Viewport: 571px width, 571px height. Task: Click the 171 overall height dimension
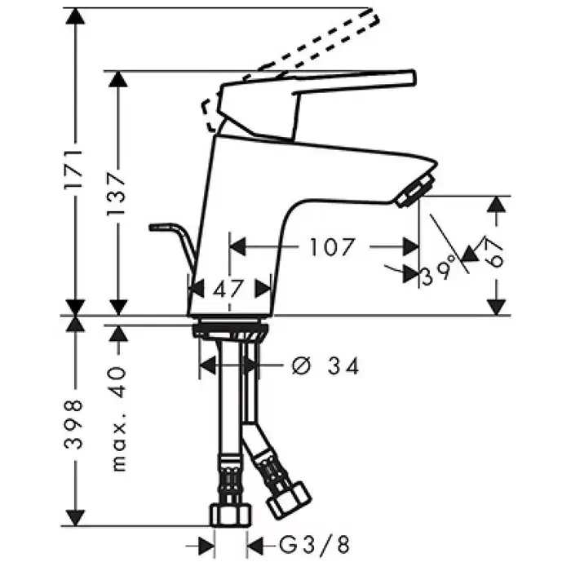(x=74, y=168)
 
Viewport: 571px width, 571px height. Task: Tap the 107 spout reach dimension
(x=331, y=247)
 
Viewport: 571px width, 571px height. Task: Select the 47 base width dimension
(x=228, y=290)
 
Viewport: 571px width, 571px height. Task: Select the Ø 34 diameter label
(x=325, y=365)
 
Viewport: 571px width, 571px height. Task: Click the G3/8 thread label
(x=314, y=545)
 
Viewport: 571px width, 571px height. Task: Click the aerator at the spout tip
(x=415, y=190)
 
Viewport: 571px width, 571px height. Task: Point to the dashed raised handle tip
(x=374, y=17)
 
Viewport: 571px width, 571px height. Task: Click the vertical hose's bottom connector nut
(x=231, y=515)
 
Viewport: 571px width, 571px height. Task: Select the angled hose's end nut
(x=290, y=499)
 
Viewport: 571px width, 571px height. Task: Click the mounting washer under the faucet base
(x=230, y=330)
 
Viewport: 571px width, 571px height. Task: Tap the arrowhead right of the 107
(x=411, y=247)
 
